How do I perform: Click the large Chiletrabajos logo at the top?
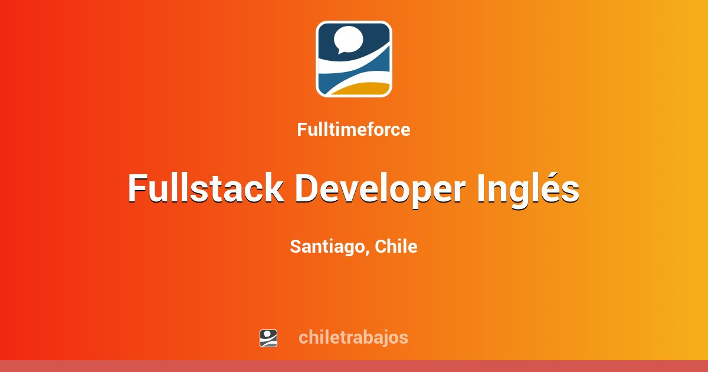tap(354, 59)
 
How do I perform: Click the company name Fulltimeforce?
tap(353, 129)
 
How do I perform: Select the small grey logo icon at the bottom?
tap(268, 338)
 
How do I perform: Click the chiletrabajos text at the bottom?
tap(353, 338)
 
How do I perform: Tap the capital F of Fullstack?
tap(137, 189)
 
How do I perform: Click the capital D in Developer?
tap(307, 189)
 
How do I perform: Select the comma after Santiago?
tap(369, 252)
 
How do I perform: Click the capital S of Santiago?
tap(296, 247)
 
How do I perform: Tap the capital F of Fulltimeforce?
tap(301, 129)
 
